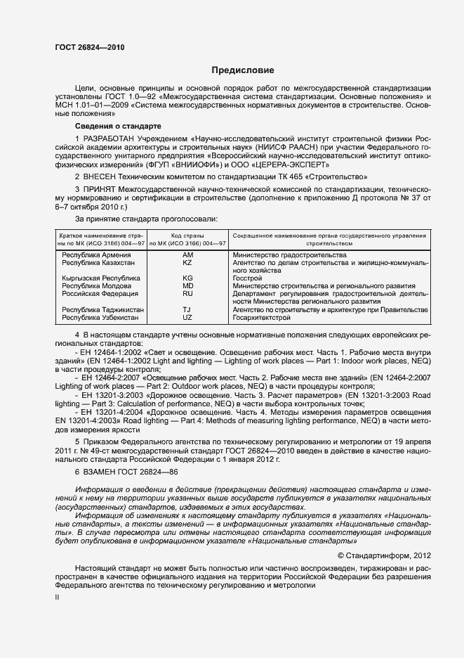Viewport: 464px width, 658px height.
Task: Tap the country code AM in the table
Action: [187, 254]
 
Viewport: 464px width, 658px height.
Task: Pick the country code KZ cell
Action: [187, 262]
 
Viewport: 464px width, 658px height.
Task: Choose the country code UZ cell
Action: [187, 318]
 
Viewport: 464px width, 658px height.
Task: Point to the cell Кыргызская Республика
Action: [101, 278]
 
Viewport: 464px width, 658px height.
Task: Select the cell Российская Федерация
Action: [100, 294]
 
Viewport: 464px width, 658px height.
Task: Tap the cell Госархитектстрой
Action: [261, 318]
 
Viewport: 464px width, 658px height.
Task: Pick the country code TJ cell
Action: [187, 310]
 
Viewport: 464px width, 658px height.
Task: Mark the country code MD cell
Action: [187, 286]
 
